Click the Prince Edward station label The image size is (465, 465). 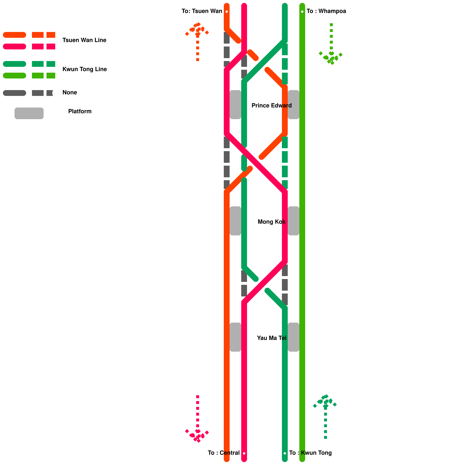[271, 105]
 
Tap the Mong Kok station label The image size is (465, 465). [271, 222]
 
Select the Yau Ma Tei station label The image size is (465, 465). [271, 338]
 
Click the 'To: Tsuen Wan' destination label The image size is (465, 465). [202, 11]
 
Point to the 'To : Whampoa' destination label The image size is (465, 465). [326, 11]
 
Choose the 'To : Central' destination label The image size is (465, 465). [223, 453]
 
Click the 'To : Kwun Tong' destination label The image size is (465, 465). [310, 453]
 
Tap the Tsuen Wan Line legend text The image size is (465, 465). [84, 40]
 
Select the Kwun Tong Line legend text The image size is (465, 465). [85, 69]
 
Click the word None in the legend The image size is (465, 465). [70, 92]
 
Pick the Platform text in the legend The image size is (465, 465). [80, 111]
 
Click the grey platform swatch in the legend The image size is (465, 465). [29, 113]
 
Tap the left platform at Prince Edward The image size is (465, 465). [235, 105]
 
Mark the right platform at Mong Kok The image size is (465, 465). [294, 221]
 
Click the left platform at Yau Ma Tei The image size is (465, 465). [235, 337]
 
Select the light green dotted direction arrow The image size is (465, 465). [331, 44]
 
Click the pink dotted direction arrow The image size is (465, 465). [198, 419]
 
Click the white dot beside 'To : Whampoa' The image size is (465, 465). [302, 12]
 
